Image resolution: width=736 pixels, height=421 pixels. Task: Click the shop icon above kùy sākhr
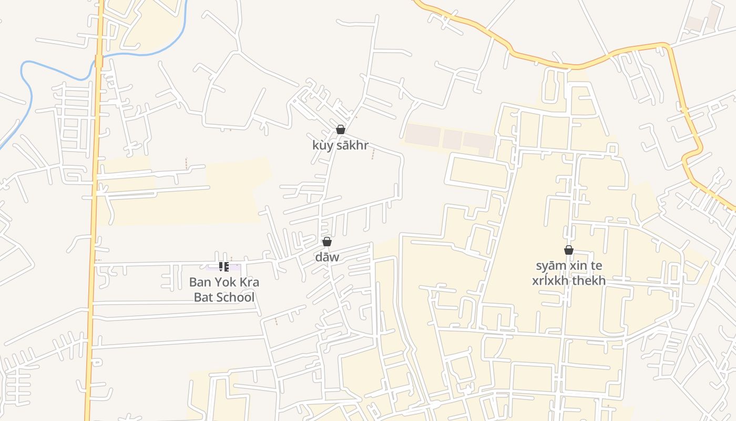pos(341,129)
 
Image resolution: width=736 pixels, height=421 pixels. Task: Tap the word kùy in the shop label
pos(323,145)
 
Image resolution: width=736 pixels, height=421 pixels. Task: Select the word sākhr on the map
pos(352,145)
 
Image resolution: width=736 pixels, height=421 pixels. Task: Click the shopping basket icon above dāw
pos(327,242)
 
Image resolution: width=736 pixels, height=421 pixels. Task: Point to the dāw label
pos(327,257)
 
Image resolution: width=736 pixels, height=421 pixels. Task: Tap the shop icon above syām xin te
pos(569,250)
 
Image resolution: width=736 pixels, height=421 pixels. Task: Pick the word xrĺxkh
pos(550,280)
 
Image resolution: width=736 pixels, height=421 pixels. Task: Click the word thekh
pos(589,280)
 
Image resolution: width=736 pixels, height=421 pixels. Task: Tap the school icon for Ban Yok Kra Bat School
pos(223,267)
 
